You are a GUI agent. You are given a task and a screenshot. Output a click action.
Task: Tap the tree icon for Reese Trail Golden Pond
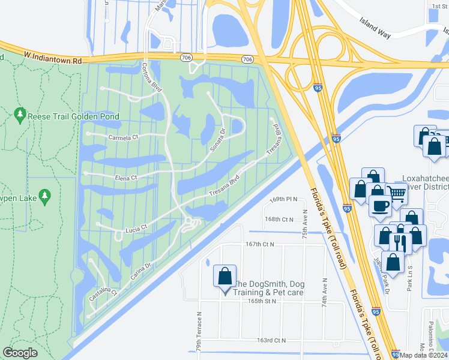(20, 113)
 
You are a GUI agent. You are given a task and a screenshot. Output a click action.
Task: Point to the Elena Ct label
(127, 178)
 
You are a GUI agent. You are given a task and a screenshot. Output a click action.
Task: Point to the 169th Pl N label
(283, 199)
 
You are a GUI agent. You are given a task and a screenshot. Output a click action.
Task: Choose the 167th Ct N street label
(259, 244)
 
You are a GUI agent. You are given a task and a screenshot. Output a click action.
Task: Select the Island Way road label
(375, 28)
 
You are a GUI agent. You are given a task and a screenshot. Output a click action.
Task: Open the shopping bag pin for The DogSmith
(224, 277)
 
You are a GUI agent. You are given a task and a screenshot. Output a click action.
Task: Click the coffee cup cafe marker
(379, 206)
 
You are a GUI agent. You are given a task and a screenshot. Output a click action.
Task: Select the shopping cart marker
(396, 193)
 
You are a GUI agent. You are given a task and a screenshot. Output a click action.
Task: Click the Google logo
(20, 353)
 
